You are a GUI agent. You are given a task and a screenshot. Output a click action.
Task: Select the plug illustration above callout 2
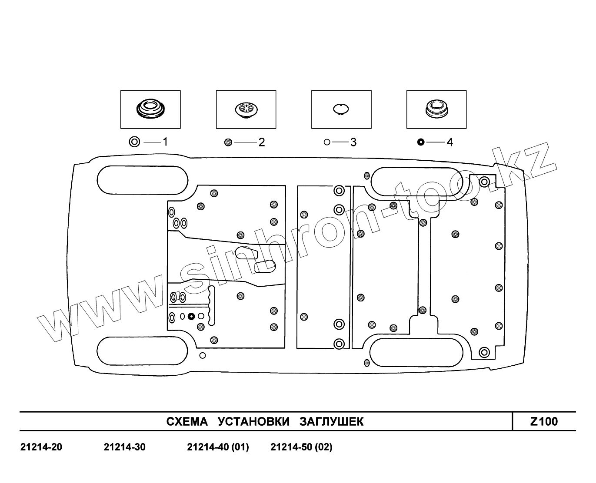(x=246, y=109)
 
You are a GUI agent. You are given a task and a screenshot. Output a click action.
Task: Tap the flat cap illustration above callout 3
(x=341, y=108)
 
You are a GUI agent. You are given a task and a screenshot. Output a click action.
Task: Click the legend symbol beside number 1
(x=135, y=142)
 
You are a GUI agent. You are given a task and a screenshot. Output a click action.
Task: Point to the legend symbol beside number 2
(x=228, y=142)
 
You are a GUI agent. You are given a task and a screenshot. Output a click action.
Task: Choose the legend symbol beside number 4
(x=420, y=142)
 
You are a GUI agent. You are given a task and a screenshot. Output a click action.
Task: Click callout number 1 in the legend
(x=165, y=142)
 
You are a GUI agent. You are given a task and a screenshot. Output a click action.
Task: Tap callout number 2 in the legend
(x=262, y=142)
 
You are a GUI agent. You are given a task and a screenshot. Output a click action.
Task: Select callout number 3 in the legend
(x=353, y=142)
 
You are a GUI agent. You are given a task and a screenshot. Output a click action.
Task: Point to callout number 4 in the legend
(x=449, y=142)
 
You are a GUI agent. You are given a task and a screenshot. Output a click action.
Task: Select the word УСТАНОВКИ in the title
(x=253, y=421)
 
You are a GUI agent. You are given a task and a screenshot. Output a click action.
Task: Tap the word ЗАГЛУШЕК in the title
(x=331, y=421)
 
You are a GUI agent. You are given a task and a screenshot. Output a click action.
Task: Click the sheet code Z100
(x=544, y=421)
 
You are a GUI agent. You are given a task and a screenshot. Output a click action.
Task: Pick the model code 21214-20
(x=41, y=447)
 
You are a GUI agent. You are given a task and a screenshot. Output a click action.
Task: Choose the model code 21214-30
(x=125, y=447)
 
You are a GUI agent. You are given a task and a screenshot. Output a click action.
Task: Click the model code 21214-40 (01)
(x=218, y=447)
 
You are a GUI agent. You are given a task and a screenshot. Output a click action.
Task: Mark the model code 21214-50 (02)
(x=301, y=447)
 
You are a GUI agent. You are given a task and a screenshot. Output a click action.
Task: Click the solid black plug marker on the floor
(x=191, y=316)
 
